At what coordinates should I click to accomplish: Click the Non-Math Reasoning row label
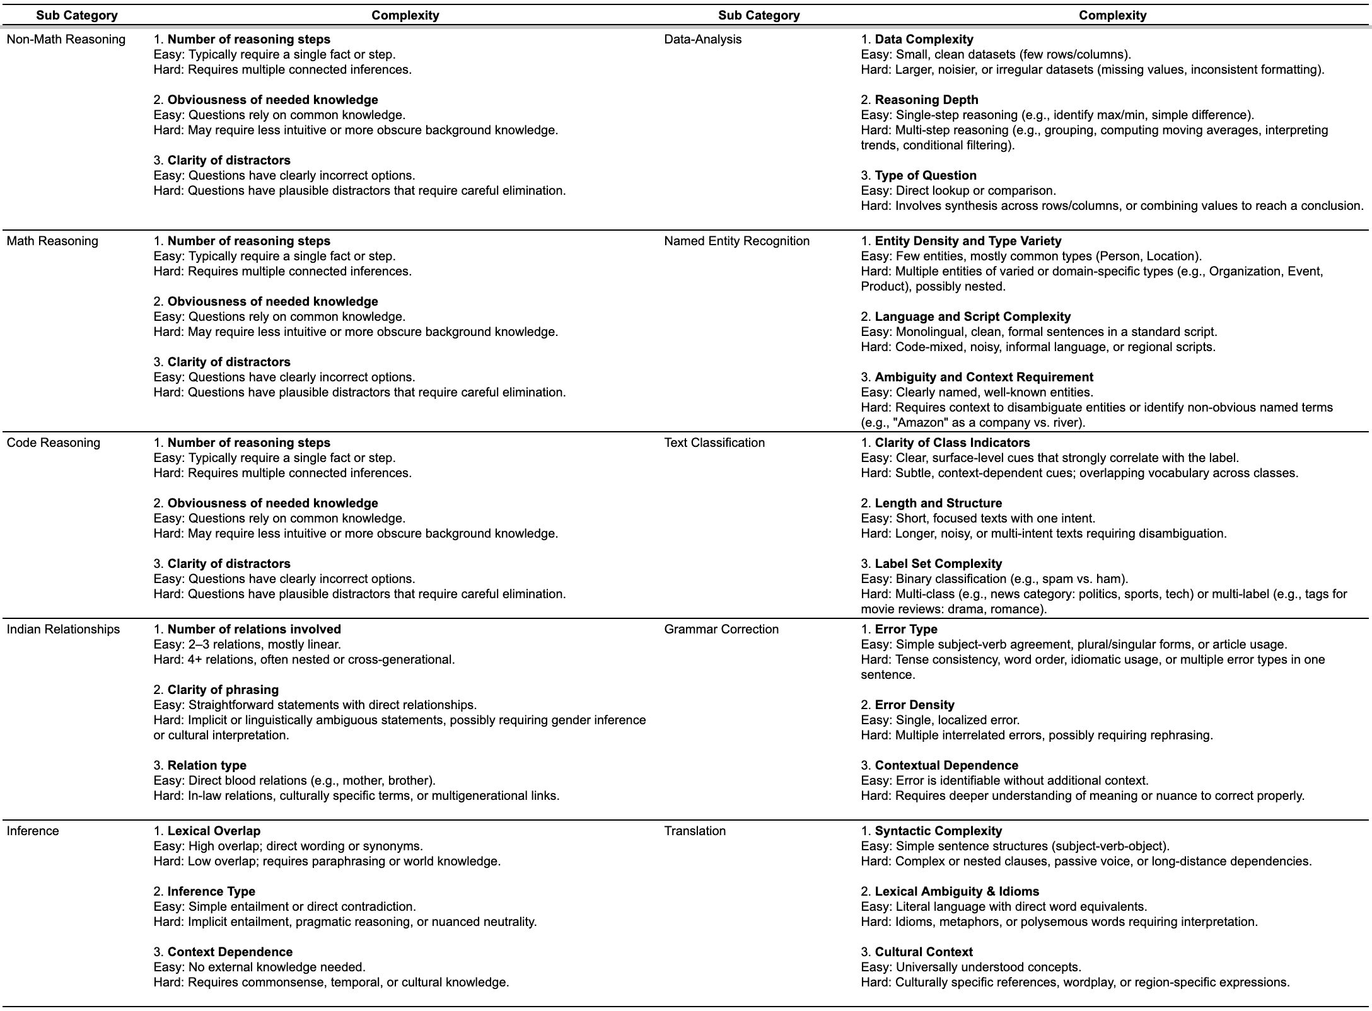point(66,40)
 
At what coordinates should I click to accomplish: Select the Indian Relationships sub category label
point(63,630)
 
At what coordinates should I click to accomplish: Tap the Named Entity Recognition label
point(736,241)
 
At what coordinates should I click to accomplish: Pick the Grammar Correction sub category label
point(721,630)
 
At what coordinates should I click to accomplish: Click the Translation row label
point(695,831)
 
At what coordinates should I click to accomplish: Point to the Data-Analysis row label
point(702,40)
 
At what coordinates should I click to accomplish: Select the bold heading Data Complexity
point(924,40)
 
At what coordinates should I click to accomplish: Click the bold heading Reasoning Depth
point(926,100)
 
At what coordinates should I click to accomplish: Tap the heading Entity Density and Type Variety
point(968,241)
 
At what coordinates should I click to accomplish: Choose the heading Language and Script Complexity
point(972,317)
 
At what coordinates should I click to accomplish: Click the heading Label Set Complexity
point(938,564)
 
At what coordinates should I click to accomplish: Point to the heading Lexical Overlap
point(214,831)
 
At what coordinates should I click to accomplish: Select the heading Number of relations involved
point(254,630)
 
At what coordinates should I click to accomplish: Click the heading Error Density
point(914,705)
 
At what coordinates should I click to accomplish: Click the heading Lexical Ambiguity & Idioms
point(956,892)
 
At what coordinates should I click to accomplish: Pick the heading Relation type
point(207,766)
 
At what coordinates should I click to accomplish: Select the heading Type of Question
point(926,176)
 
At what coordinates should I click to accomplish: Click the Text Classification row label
point(714,443)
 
